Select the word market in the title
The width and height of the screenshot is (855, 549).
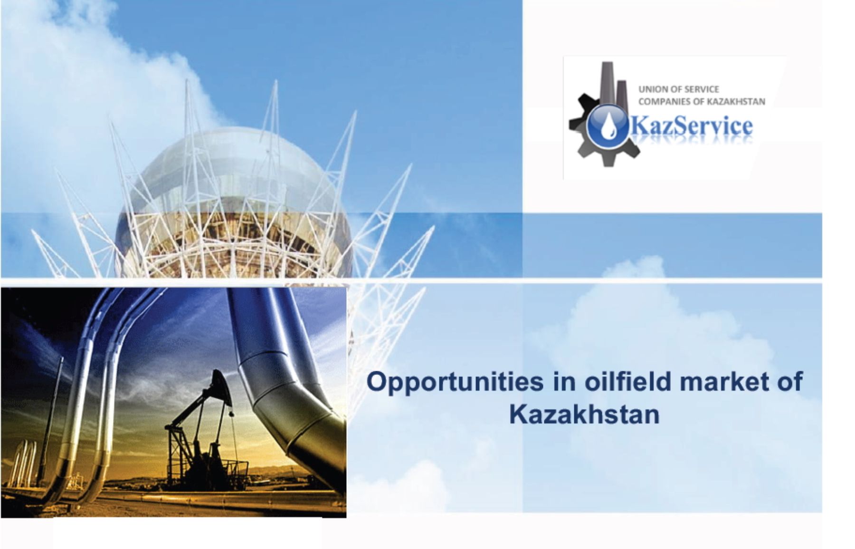tap(724, 382)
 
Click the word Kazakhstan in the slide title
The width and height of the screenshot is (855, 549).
tap(584, 414)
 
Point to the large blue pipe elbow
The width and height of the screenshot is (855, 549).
tap(285, 376)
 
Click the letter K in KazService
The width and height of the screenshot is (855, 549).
tap(637, 127)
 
